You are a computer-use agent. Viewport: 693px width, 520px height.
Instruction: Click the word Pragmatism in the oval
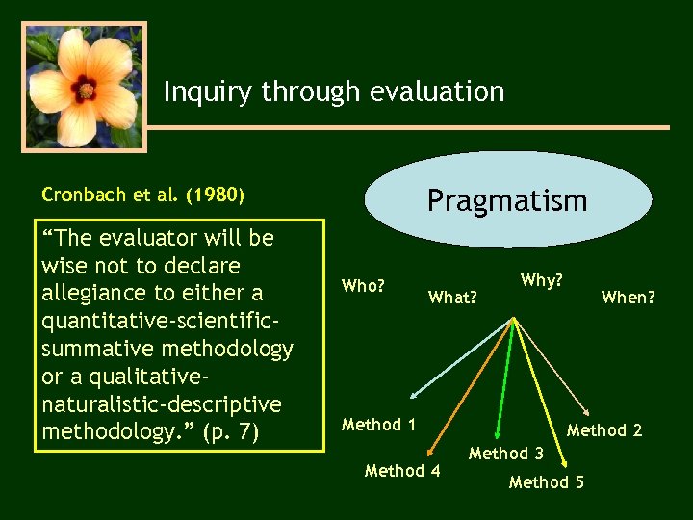click(507, 200)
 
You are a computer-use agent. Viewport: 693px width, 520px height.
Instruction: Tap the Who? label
click(364, 285)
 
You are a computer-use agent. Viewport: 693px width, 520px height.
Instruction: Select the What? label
click(452, 298)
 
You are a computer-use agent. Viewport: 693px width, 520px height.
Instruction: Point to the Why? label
click(541, 280)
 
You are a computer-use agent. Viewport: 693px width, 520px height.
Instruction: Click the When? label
click(628, 298)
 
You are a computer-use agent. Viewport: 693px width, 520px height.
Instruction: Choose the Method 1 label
click(378, 425)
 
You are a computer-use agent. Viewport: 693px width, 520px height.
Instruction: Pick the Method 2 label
click(603, 430)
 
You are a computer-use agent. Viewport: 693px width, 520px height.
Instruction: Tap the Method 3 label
click(505, 453)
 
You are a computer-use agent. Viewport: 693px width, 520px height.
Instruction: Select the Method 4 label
click(402, 471)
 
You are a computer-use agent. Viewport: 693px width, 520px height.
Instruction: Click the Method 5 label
click(546, 482)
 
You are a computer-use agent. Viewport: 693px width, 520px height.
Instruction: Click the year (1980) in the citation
click(215, 195)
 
